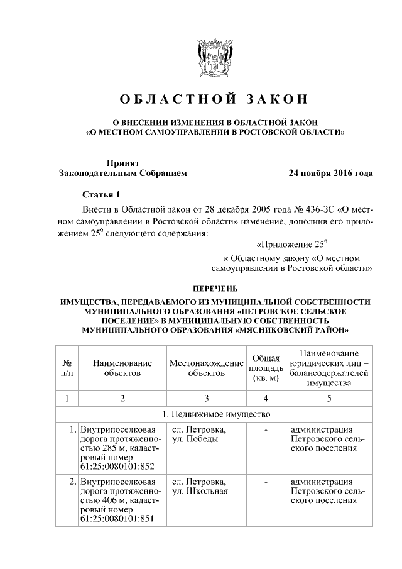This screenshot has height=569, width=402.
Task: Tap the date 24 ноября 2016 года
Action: pyautogui.click(x=330, y=172)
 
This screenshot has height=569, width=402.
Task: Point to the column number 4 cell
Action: pyautogui.click(x=266, y=398)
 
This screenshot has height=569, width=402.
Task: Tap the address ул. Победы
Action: pyautogui.click(x=195, y=439)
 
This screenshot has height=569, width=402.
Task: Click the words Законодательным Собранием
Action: pyautogui.click(x=122, y=172)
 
